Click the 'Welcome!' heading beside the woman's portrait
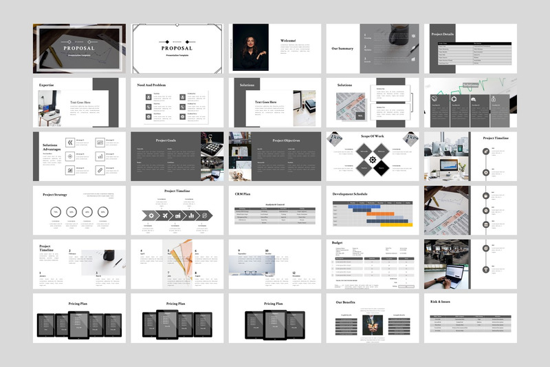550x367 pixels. coord(288,41)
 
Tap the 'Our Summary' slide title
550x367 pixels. coord(343,48)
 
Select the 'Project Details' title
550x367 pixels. coord(442,33)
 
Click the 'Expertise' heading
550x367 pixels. coord(47,85)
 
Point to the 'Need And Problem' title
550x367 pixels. coord(151,85)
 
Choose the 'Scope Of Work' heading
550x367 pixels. coord(372,138)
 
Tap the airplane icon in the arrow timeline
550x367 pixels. coord(164,216)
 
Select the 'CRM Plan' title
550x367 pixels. coord(242,194)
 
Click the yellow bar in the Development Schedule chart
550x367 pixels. coord(397,224)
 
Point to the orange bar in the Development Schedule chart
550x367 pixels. coord(381,213)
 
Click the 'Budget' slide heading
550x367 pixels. coord(337,243)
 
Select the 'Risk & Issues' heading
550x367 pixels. coord(440,302)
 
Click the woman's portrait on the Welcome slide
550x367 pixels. coord(251,47)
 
